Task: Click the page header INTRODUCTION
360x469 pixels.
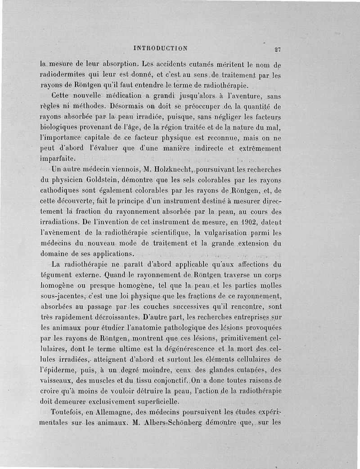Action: (161, 48)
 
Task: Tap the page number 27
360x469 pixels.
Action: (277, 49)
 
